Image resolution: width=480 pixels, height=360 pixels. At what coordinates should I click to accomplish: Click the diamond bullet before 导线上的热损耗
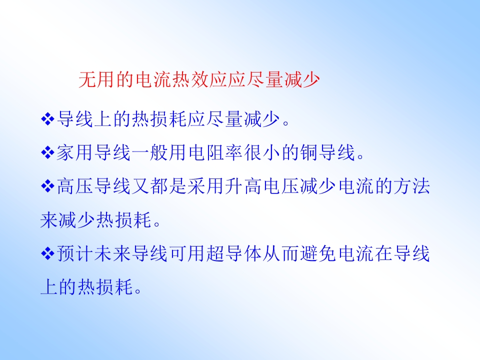pyautogui.click(x=47, y=119)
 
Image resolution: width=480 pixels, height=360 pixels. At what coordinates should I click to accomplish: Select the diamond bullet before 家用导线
pyautogui.click(x=47, y=152)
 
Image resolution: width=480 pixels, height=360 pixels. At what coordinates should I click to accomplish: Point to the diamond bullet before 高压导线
pyautogui.click(x=47, y=186)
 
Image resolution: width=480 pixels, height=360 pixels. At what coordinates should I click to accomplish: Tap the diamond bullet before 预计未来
pyautogui.click(x=47, y=254)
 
